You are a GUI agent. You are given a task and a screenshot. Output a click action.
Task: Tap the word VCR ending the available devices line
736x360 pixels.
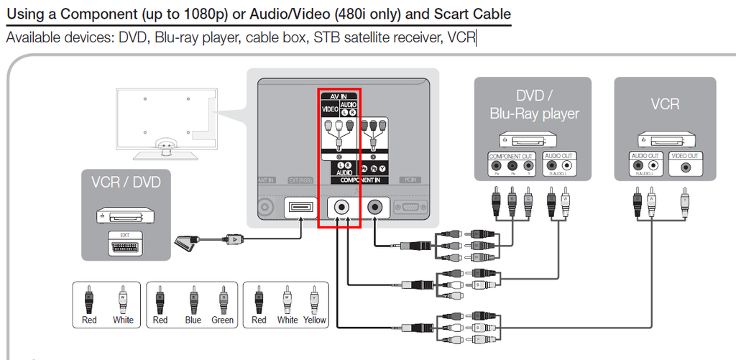click(461, 37)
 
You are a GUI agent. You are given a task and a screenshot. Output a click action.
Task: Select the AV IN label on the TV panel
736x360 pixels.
click(339, 96)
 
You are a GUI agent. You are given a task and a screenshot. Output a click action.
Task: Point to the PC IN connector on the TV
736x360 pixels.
click(410, 208)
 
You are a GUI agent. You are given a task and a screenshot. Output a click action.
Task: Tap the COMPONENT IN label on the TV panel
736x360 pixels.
click(359, 180)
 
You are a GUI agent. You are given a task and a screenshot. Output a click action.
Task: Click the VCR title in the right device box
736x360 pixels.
click(665, 104)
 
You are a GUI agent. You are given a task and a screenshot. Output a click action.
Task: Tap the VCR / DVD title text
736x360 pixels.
click(126, 182)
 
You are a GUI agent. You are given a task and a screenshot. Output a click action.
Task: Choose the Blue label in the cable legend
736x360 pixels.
click(193, 320)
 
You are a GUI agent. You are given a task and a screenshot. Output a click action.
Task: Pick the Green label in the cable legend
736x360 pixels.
click(222, 320)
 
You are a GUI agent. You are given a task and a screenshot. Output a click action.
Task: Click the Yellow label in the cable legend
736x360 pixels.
click(315, 320)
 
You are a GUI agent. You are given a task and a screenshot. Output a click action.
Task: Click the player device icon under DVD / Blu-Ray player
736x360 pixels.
click(533, 139)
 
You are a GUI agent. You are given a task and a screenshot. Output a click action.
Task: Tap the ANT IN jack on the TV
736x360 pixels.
click(266, 208)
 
